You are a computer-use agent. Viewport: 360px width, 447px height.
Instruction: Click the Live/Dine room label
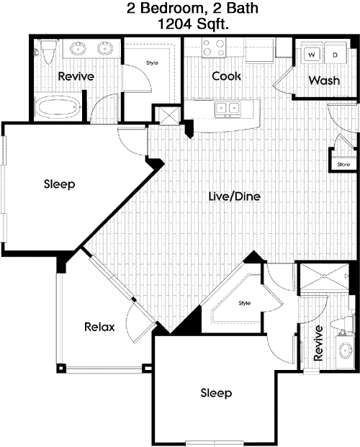(x=235, y=196)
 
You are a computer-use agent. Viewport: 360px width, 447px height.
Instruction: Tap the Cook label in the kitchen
(x=227, y=76)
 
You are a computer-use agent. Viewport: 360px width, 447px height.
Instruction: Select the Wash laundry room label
(x=324, y=81)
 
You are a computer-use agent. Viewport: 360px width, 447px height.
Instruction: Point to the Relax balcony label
(x=99, y=327)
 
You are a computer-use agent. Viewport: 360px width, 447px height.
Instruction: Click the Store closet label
(x=343, y=165)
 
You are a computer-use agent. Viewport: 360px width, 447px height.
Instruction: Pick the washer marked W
(x=312, y=54)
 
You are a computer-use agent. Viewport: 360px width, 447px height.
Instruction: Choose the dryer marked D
(x=336, y=54)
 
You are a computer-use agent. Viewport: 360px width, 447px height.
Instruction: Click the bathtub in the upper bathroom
(x=58, y=107)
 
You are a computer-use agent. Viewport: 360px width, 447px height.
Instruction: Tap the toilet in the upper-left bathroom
(x=48, y=51)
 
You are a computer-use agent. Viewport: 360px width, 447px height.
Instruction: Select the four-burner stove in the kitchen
(x=213, y=48)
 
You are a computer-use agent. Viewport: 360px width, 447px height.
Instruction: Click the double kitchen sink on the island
(x=228, y=109)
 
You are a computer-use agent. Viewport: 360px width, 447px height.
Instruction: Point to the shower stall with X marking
(x=324, y=276)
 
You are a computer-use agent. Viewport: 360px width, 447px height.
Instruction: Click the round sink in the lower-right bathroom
(x=346, y=350)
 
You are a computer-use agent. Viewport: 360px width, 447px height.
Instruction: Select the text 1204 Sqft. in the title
(x=193, y=24)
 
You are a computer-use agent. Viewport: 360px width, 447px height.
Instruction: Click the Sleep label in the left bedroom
(x=59, y=184)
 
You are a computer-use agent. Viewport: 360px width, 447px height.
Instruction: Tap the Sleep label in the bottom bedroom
(x=216, y=393)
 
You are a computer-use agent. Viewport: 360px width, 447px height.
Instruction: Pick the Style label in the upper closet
(x=152, y=63)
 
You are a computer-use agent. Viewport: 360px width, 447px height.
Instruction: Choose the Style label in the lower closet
(x=245, y=303)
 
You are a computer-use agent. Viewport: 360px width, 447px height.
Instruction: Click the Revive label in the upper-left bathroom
(x=76, y=76)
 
